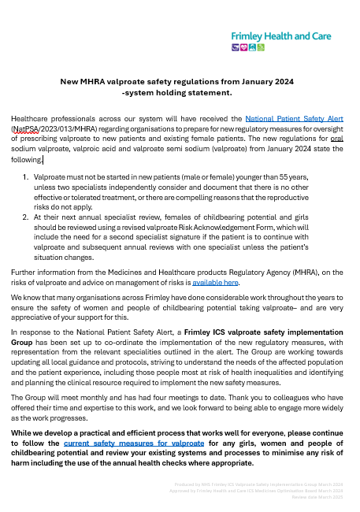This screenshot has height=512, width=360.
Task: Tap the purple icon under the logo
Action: [x=235, y=47]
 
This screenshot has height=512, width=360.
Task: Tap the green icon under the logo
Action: [x=261, y=47]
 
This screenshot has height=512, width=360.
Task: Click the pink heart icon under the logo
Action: [x=243, y=47]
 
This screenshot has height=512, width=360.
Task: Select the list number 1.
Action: [x=25, y=179]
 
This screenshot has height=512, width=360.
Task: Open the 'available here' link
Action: [x=216, y=281]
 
